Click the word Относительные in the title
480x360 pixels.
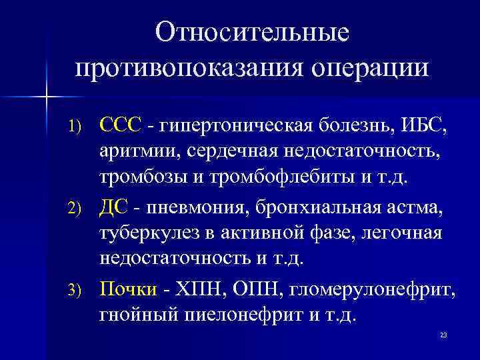[253, 33]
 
